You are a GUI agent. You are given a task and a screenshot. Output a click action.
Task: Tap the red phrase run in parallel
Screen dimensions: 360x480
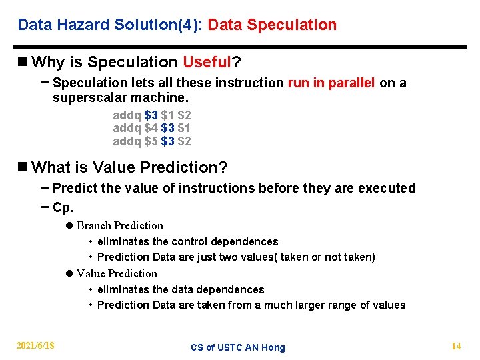[x=331, y=83]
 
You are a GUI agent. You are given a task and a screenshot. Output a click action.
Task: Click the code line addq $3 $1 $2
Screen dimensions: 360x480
[x=152, y=115]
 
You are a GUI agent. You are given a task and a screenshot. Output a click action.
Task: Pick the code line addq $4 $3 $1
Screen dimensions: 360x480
[x=152, y=128]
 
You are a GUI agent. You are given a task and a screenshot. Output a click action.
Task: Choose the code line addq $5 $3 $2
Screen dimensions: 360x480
[x=152, y=141]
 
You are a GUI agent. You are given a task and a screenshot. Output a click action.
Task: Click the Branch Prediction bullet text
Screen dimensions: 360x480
[x=119, y=225]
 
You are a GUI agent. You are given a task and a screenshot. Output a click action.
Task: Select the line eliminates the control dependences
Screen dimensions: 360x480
[x=187, y=241]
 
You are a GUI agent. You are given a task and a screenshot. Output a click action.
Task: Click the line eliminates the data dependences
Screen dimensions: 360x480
[x=181, y=289]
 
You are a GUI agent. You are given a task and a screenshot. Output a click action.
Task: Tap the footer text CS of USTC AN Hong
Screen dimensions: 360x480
[x=237, y=347]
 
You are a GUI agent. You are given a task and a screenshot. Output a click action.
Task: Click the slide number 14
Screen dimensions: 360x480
[x=456, y=345]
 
